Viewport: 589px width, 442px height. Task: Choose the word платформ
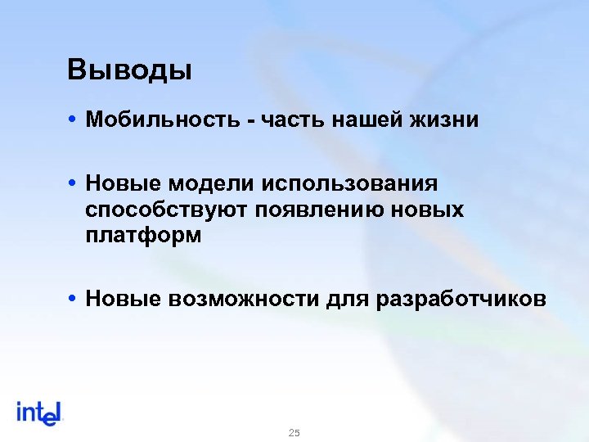click(142, 237)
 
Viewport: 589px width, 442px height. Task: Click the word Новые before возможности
click(124, 299)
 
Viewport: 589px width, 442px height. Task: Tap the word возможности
click(243, 299)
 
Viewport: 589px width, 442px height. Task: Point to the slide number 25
click(294, 432)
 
